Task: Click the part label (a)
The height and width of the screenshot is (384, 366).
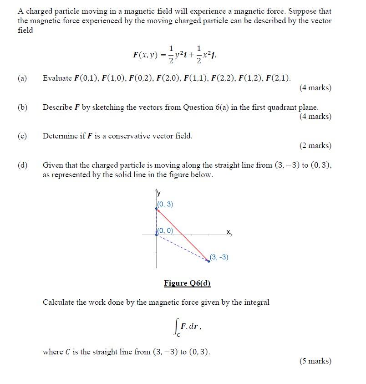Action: (x=22, y=78)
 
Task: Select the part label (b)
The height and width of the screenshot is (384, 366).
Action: (x=22, y=108)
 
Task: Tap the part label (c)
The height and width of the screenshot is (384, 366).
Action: (x=22, y=136)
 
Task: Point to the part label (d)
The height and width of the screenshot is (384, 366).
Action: (x=22, y=165)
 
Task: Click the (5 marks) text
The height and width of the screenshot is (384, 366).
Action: (x=315, y=361)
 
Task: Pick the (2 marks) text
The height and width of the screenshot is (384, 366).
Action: (x=315, y=146)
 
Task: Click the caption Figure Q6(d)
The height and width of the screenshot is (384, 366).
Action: (x=187, y=283)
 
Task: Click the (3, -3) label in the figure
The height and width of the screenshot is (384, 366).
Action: (x=219, y=257)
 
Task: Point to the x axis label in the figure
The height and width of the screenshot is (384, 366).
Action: (x=229, y=232)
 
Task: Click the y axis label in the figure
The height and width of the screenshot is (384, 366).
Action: (x=158, y=194)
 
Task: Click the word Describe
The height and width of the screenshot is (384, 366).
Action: (x=57, y=108)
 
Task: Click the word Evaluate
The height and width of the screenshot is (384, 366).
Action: (x=57, y=78)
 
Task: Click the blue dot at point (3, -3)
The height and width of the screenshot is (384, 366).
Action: (x=208, y=261)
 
